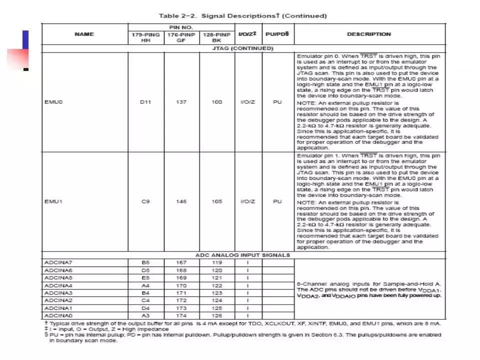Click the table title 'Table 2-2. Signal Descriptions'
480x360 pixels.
242,15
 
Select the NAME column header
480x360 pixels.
84,34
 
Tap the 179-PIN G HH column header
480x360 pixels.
145,37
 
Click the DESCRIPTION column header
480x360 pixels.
369,34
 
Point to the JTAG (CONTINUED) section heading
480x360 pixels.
243,48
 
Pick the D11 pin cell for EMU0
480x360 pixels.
145,102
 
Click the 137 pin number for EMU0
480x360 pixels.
181,102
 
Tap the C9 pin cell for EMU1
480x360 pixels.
145,201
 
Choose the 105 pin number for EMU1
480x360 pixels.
216,201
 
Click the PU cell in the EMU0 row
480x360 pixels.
277,102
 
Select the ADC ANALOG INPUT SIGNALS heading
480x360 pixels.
242,255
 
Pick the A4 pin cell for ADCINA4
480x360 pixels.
145,285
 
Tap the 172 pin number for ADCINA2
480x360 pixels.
181,300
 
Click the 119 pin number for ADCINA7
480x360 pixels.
216,262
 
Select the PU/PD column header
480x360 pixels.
277,34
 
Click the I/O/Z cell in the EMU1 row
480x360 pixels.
247,201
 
